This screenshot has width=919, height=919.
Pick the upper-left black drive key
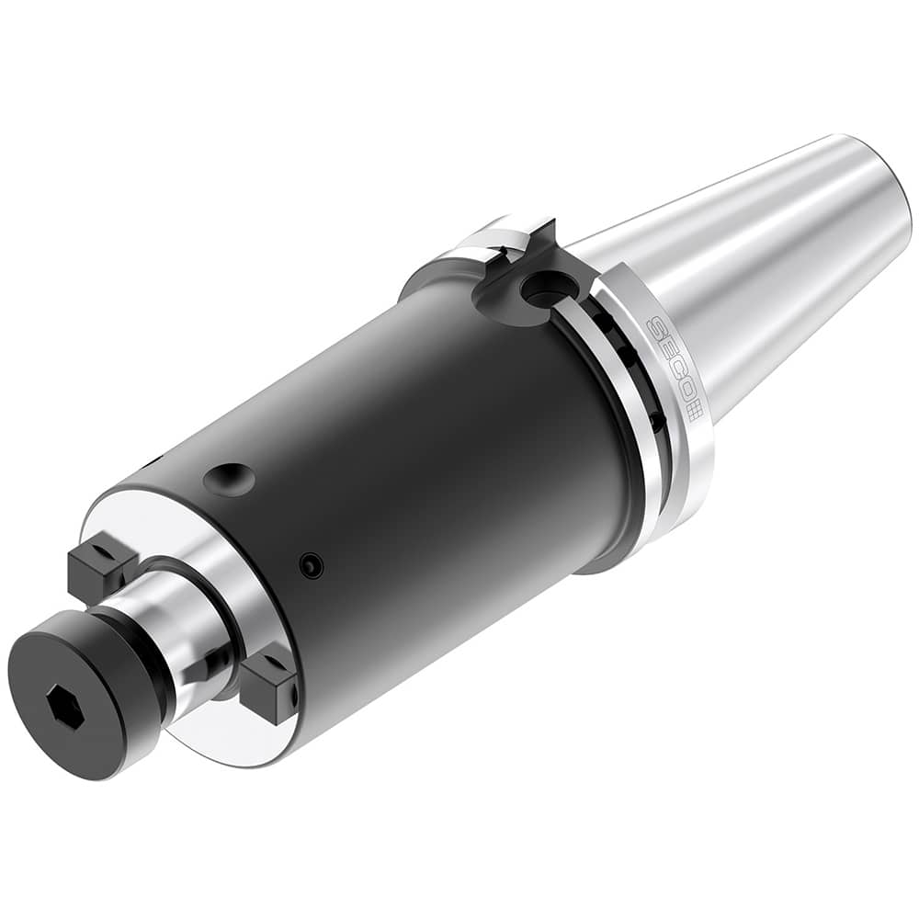(99, 560)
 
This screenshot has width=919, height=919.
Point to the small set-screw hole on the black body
(312, 565)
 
